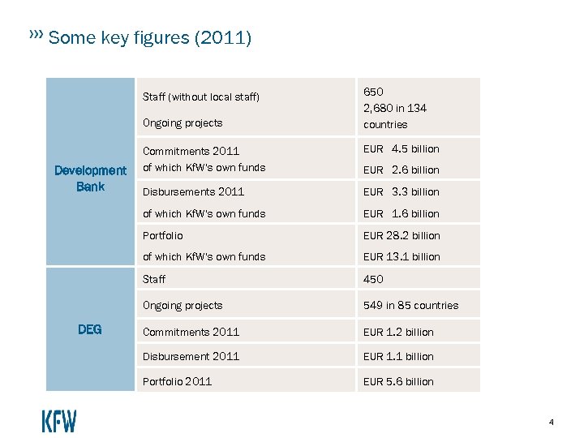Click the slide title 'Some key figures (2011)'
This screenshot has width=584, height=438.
[x=150, y=38]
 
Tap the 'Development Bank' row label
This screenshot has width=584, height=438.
[x=90, y=178]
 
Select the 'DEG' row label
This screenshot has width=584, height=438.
[x=89, y=329]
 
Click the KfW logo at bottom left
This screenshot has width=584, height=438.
[x=59, y=421]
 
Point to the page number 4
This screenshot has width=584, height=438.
[x=552, y=422]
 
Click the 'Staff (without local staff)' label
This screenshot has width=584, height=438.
[x=201, y=97]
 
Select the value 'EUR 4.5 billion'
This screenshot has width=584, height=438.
[x=401, y=149]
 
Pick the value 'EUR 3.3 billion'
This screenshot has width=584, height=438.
[x=401, y=192]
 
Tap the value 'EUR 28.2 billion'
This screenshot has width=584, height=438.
[x=401, y=236]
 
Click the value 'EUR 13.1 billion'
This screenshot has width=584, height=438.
[x=401, y=257]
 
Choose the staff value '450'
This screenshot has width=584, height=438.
[x=373, y=279]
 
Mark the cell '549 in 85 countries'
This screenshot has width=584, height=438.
[x=410, y=306]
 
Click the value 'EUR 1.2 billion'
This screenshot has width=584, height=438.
[x=398, y=333]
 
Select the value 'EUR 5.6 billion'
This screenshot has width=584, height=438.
[x=398, y=382]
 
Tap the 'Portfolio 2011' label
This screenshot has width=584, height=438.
[x=177, y=382]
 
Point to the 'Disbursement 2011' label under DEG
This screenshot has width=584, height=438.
[x=191, y=357]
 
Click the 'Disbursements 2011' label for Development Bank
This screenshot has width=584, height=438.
[x=193, y=192]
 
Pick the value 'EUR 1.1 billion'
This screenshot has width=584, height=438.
[x=398, y=357]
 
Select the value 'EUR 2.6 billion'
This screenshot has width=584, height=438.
[x=401, y=170]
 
